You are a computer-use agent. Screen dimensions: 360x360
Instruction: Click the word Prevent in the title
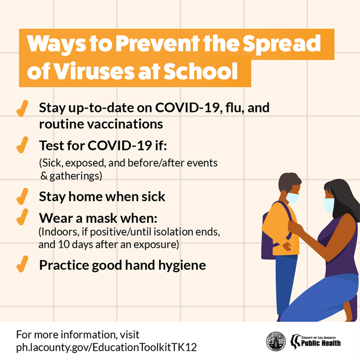[157, 43]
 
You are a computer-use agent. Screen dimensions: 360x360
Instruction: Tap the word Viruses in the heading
[94, 71]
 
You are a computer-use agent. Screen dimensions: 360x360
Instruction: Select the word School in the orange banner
[200, 71]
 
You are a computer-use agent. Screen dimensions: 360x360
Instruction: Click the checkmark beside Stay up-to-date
[22, 109]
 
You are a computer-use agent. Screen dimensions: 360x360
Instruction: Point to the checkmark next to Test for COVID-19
[22, 145]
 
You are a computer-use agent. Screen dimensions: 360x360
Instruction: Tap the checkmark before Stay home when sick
[22, 196]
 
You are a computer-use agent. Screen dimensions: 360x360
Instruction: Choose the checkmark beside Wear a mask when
[22, 217]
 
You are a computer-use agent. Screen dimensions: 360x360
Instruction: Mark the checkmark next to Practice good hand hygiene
[22, 264]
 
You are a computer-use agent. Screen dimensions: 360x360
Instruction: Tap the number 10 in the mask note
[63, 244]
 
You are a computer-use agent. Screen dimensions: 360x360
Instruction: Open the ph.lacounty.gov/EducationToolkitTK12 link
[106, 347]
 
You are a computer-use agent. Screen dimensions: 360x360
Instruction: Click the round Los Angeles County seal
[276, 341]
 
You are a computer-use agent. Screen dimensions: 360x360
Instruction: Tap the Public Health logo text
[321, 343]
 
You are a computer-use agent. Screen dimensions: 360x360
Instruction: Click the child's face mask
[293, 198]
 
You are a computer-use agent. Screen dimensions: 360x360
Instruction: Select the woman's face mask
[329, 205]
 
